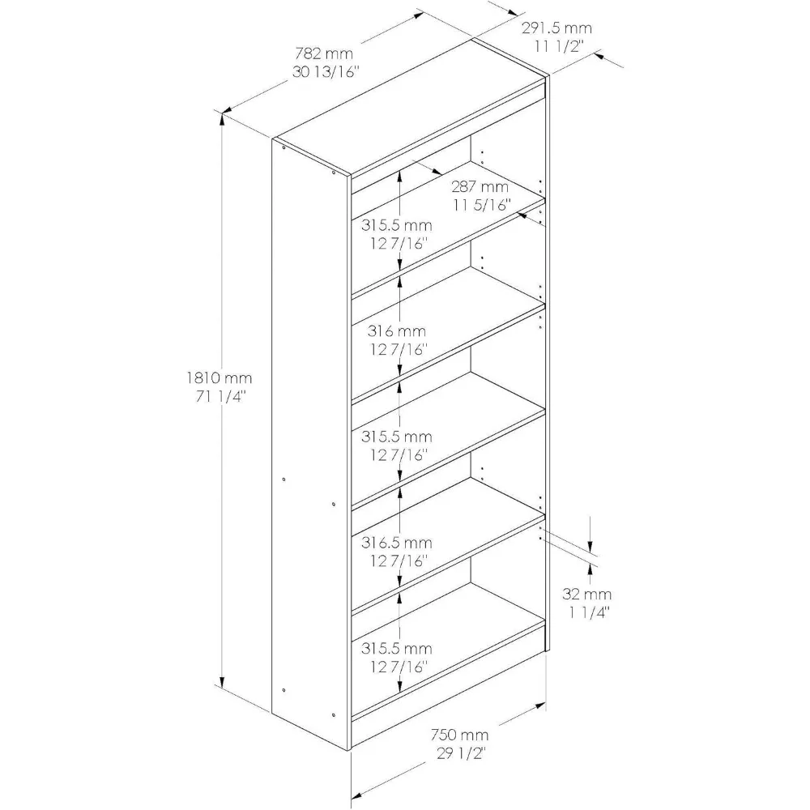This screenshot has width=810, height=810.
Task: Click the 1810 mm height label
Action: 217,377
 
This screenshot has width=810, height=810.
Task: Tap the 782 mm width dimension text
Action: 324,53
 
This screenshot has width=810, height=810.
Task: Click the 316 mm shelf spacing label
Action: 397,330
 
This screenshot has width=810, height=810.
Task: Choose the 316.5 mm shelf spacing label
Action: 397,542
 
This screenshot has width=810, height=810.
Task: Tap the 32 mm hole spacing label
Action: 587,594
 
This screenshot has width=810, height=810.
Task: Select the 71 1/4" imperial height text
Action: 217,396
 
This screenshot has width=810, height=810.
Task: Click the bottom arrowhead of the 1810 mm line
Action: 223,681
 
